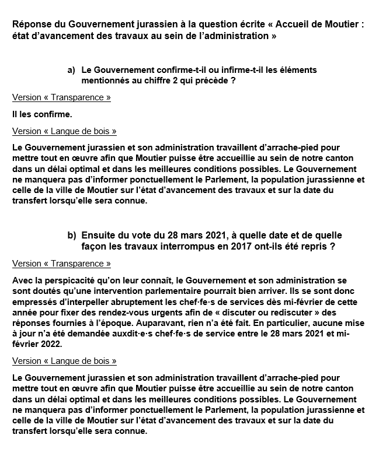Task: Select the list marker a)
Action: coord(71,70)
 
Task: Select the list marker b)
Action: coord(71,235)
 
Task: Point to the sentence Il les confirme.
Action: coord(41,114)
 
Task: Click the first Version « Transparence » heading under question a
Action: coord(61,97)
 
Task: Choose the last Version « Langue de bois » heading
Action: coord(64,361)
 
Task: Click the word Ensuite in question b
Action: coord(100,235)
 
